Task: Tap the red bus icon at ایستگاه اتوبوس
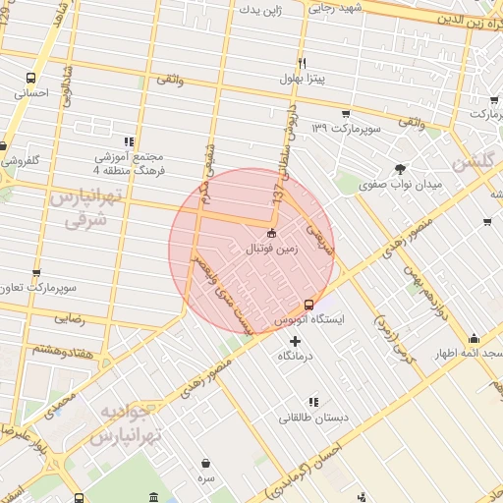pyautogui.click(x=310, y=305)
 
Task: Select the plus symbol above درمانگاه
pyautogui.click(x=295, y=341)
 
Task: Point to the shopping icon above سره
pyautogui.click(x=205, y=463)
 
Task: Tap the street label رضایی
pyautogui.click(x=68, y=319)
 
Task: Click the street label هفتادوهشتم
pyautogui.click(x=61, y=348)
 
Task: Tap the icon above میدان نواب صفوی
pyautogui.click(x=400, y=168)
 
